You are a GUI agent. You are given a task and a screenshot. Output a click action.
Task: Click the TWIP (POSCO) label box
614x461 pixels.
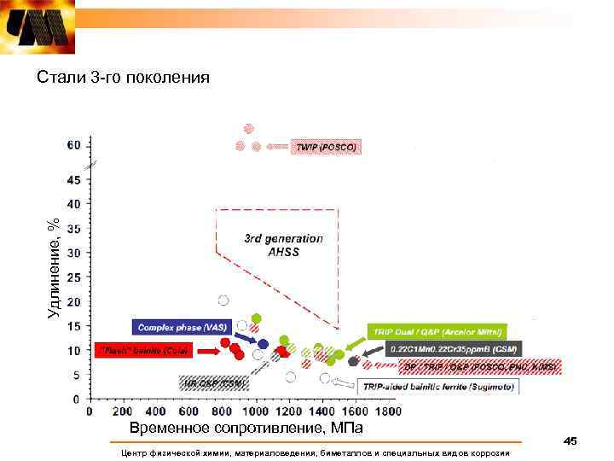click(x=325, y=147)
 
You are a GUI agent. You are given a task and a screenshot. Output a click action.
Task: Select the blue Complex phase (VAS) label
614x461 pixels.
click(x=180, y=327)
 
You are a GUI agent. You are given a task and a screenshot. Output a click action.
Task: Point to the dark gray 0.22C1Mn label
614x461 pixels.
click(x=455, y=348)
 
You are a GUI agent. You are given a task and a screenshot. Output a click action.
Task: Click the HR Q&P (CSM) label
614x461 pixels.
click(x=212, y=384)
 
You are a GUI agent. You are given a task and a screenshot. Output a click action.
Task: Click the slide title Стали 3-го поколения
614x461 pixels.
click(x=123, y=79)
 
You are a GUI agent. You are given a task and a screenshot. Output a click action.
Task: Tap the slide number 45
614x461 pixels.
click(x=571, y=441)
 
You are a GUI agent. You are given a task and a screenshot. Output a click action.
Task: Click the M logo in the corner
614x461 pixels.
click(x=38, y=27)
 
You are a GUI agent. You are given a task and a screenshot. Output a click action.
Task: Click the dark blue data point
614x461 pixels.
click(x=264, y=344)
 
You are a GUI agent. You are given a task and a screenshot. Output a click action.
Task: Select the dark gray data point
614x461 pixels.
click(x=353, y=361)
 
